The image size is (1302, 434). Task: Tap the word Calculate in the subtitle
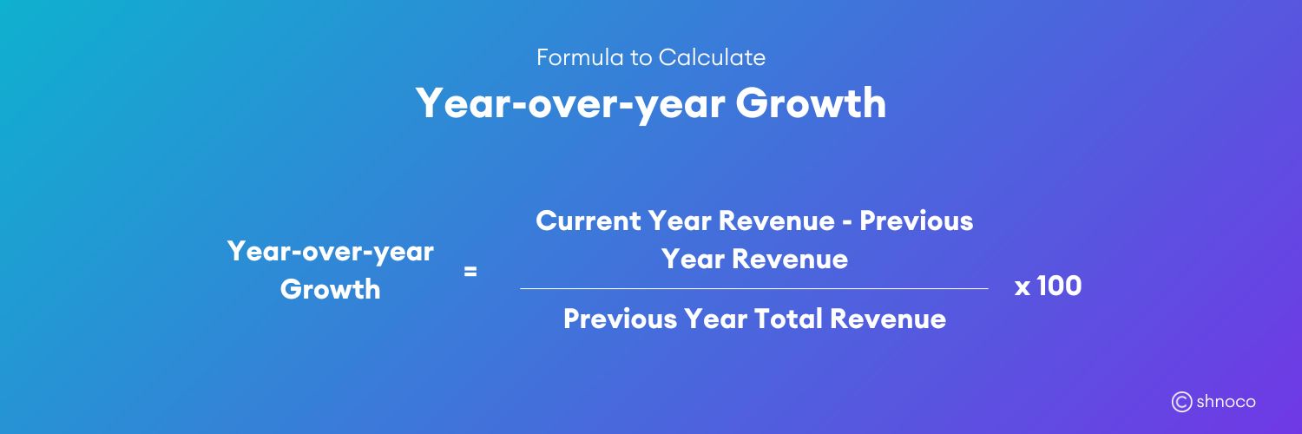coord(712,58)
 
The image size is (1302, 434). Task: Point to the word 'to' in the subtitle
coord(640,58)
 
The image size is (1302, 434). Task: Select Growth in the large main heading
coord(811,103)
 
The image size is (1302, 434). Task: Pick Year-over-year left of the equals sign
coord(330,252)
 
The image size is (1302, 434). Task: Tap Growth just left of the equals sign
coord(330,289)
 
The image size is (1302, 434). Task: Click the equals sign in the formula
coord(470,272)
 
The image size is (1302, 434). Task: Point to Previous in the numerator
coord(917,220)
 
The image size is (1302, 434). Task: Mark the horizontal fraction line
coord(753,288)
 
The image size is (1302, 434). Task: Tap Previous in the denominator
coord(620,319)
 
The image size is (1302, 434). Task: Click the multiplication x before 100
coord(1023,286)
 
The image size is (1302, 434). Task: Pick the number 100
coord(1059,286)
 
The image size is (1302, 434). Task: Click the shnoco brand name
coord(1226,402)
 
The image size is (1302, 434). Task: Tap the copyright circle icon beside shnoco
coord(1181,402)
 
